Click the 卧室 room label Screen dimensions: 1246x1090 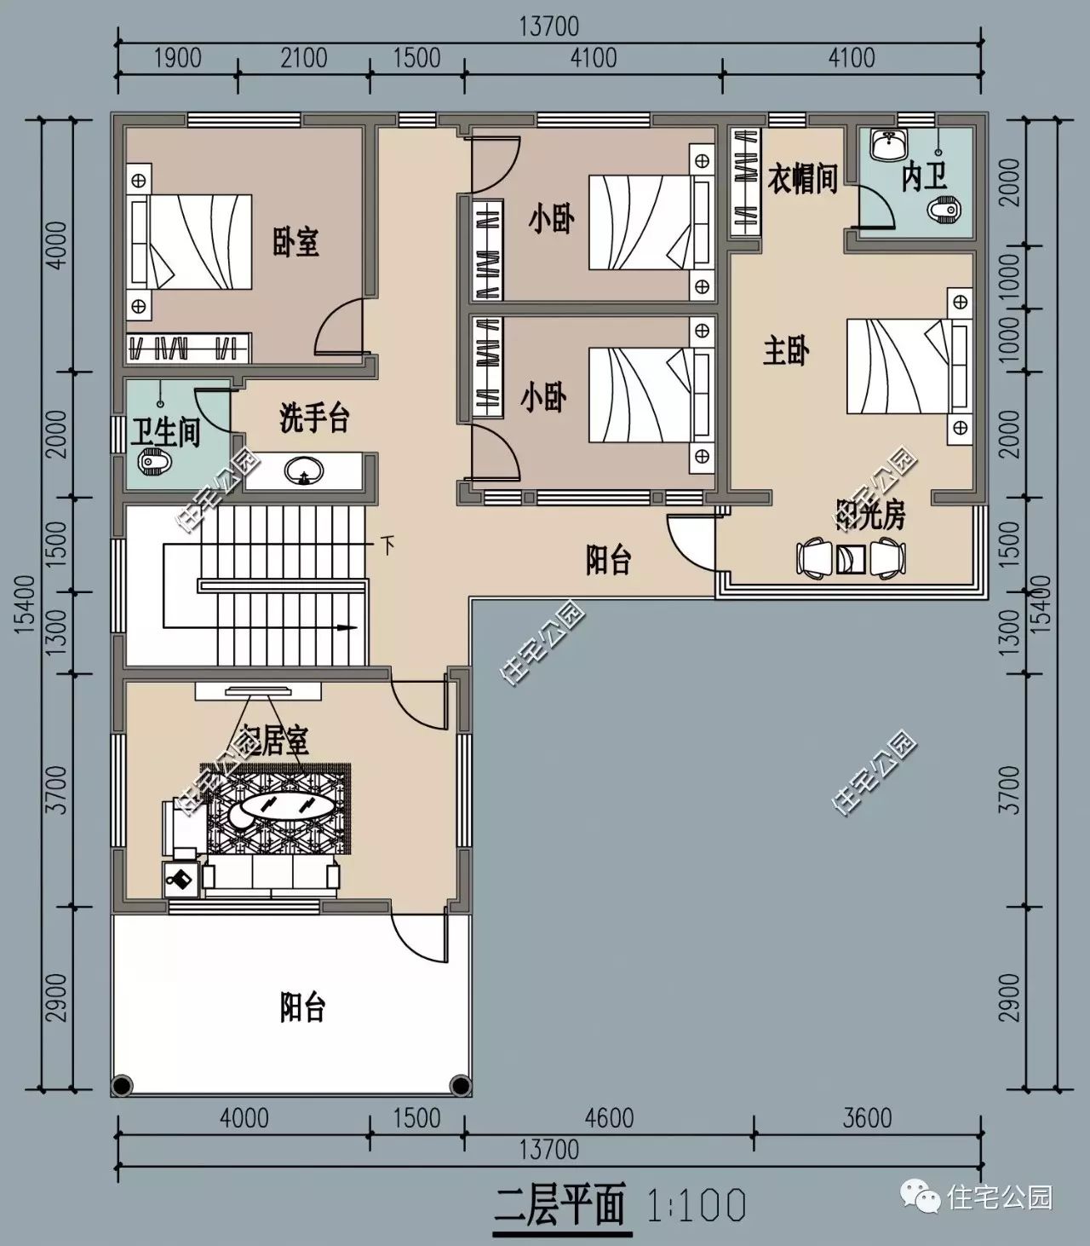[x=295, y=242]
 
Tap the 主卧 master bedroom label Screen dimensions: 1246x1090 [x=785, y=350]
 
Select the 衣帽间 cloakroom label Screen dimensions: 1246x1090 [x=802, y=179]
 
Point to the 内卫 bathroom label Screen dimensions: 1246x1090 [x=924, y=177]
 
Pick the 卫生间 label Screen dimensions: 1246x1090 [x=165, y=432]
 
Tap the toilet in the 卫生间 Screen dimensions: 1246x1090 [x=154, y=462]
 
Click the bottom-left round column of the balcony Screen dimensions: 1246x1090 [x=123, y=1085]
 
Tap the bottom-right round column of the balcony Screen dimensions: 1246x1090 [x=460, y=1085]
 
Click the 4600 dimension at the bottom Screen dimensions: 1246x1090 [x=609, y=1117]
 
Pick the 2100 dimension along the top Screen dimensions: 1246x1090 [x=304, y=57]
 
